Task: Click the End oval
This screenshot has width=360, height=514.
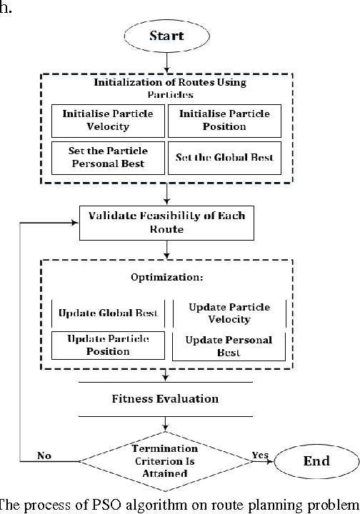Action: [x=311, y=460]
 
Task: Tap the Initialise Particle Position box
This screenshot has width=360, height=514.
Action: [x=223, y=120]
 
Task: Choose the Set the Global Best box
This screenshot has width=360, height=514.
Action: [x=223, y=158]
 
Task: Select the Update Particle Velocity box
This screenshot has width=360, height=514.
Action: [x=229, y=313]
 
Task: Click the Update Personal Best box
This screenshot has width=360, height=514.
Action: [x=229, y=346]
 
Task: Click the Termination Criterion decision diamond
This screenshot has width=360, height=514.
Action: [x=165, y=454]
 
